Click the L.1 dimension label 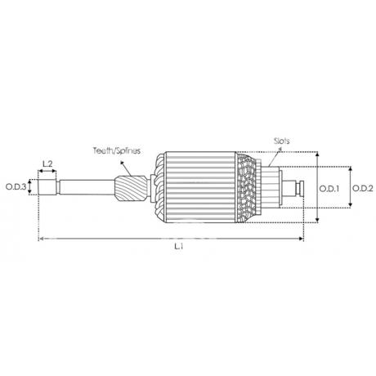tap(179, 247)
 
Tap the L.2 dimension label tap(47, 163)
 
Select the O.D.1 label tap(329, 189)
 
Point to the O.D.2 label tap(363, 188)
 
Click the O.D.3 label tap(16, 187)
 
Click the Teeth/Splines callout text tap(117, 150)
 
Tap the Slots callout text tap(282, 141)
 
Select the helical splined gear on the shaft tap(131, 189)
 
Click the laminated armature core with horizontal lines tap(200, 187)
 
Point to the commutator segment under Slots tap(270, 187)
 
